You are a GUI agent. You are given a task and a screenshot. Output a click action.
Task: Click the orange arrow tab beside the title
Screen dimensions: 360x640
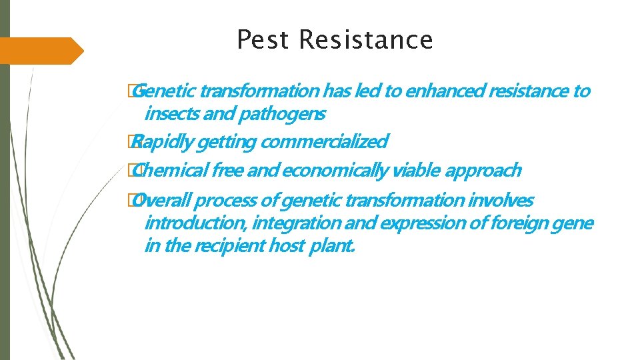point(40,51)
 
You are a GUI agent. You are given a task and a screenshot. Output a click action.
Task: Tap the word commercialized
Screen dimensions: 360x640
point(324,142)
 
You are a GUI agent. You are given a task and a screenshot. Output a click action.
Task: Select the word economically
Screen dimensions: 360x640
point(335,171)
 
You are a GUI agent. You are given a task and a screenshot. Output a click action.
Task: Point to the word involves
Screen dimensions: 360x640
point(501,200)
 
